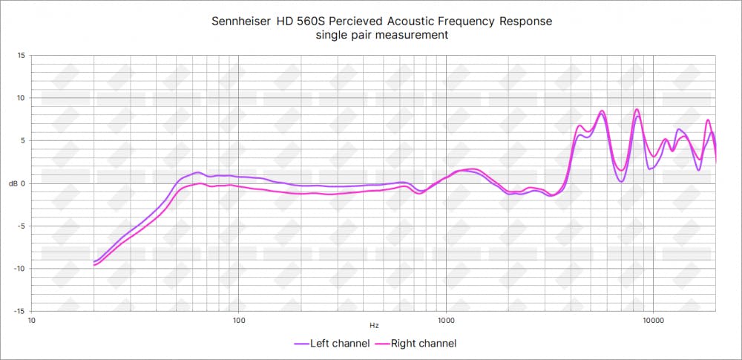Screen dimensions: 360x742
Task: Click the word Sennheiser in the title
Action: (241, 22)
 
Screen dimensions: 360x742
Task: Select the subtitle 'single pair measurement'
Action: (381, 36)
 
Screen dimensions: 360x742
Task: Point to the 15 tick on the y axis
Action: (21, 56)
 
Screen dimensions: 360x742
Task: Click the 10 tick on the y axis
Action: (21, 98)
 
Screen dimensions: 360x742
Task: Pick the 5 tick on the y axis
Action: (23, 140)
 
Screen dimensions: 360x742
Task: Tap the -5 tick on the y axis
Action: (22, 226)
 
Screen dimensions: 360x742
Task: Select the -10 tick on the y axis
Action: (19, 268)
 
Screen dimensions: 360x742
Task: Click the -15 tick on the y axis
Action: (19, 311)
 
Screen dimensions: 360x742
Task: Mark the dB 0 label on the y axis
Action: (18, 183)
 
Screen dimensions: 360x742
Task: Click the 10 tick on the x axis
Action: (32, 321)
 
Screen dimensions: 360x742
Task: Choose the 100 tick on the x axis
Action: (239, 321)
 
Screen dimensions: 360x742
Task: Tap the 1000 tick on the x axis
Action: (445, 321)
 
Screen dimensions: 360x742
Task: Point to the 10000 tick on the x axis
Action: (653, 321)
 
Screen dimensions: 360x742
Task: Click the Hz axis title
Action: (374, 326)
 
